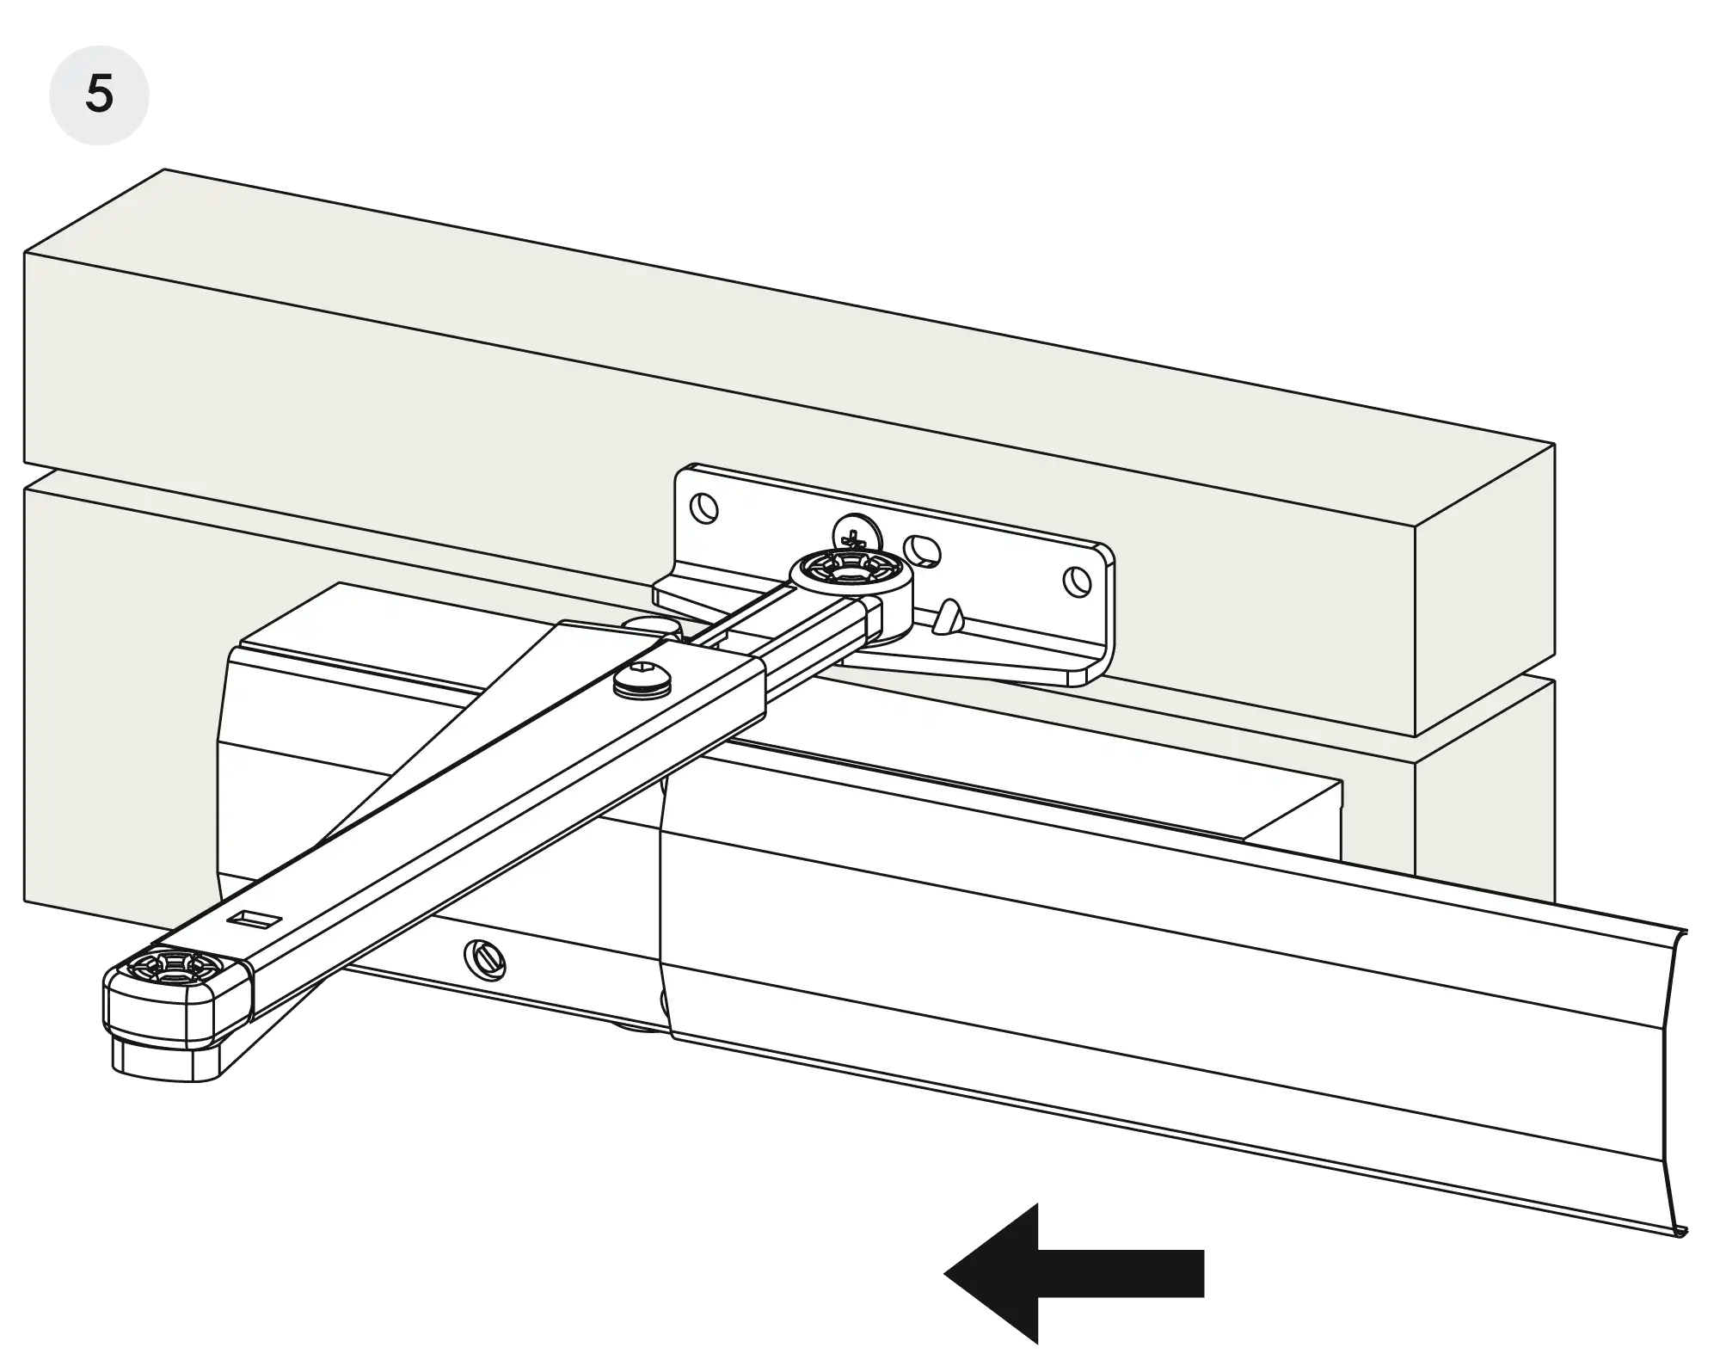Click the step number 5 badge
(x=99, y=94)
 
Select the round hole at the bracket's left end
(x=705, y=508)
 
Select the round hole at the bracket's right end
(x=1074, y=582)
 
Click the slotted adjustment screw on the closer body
(x=485, y=958)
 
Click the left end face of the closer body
(x=225, y=774)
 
